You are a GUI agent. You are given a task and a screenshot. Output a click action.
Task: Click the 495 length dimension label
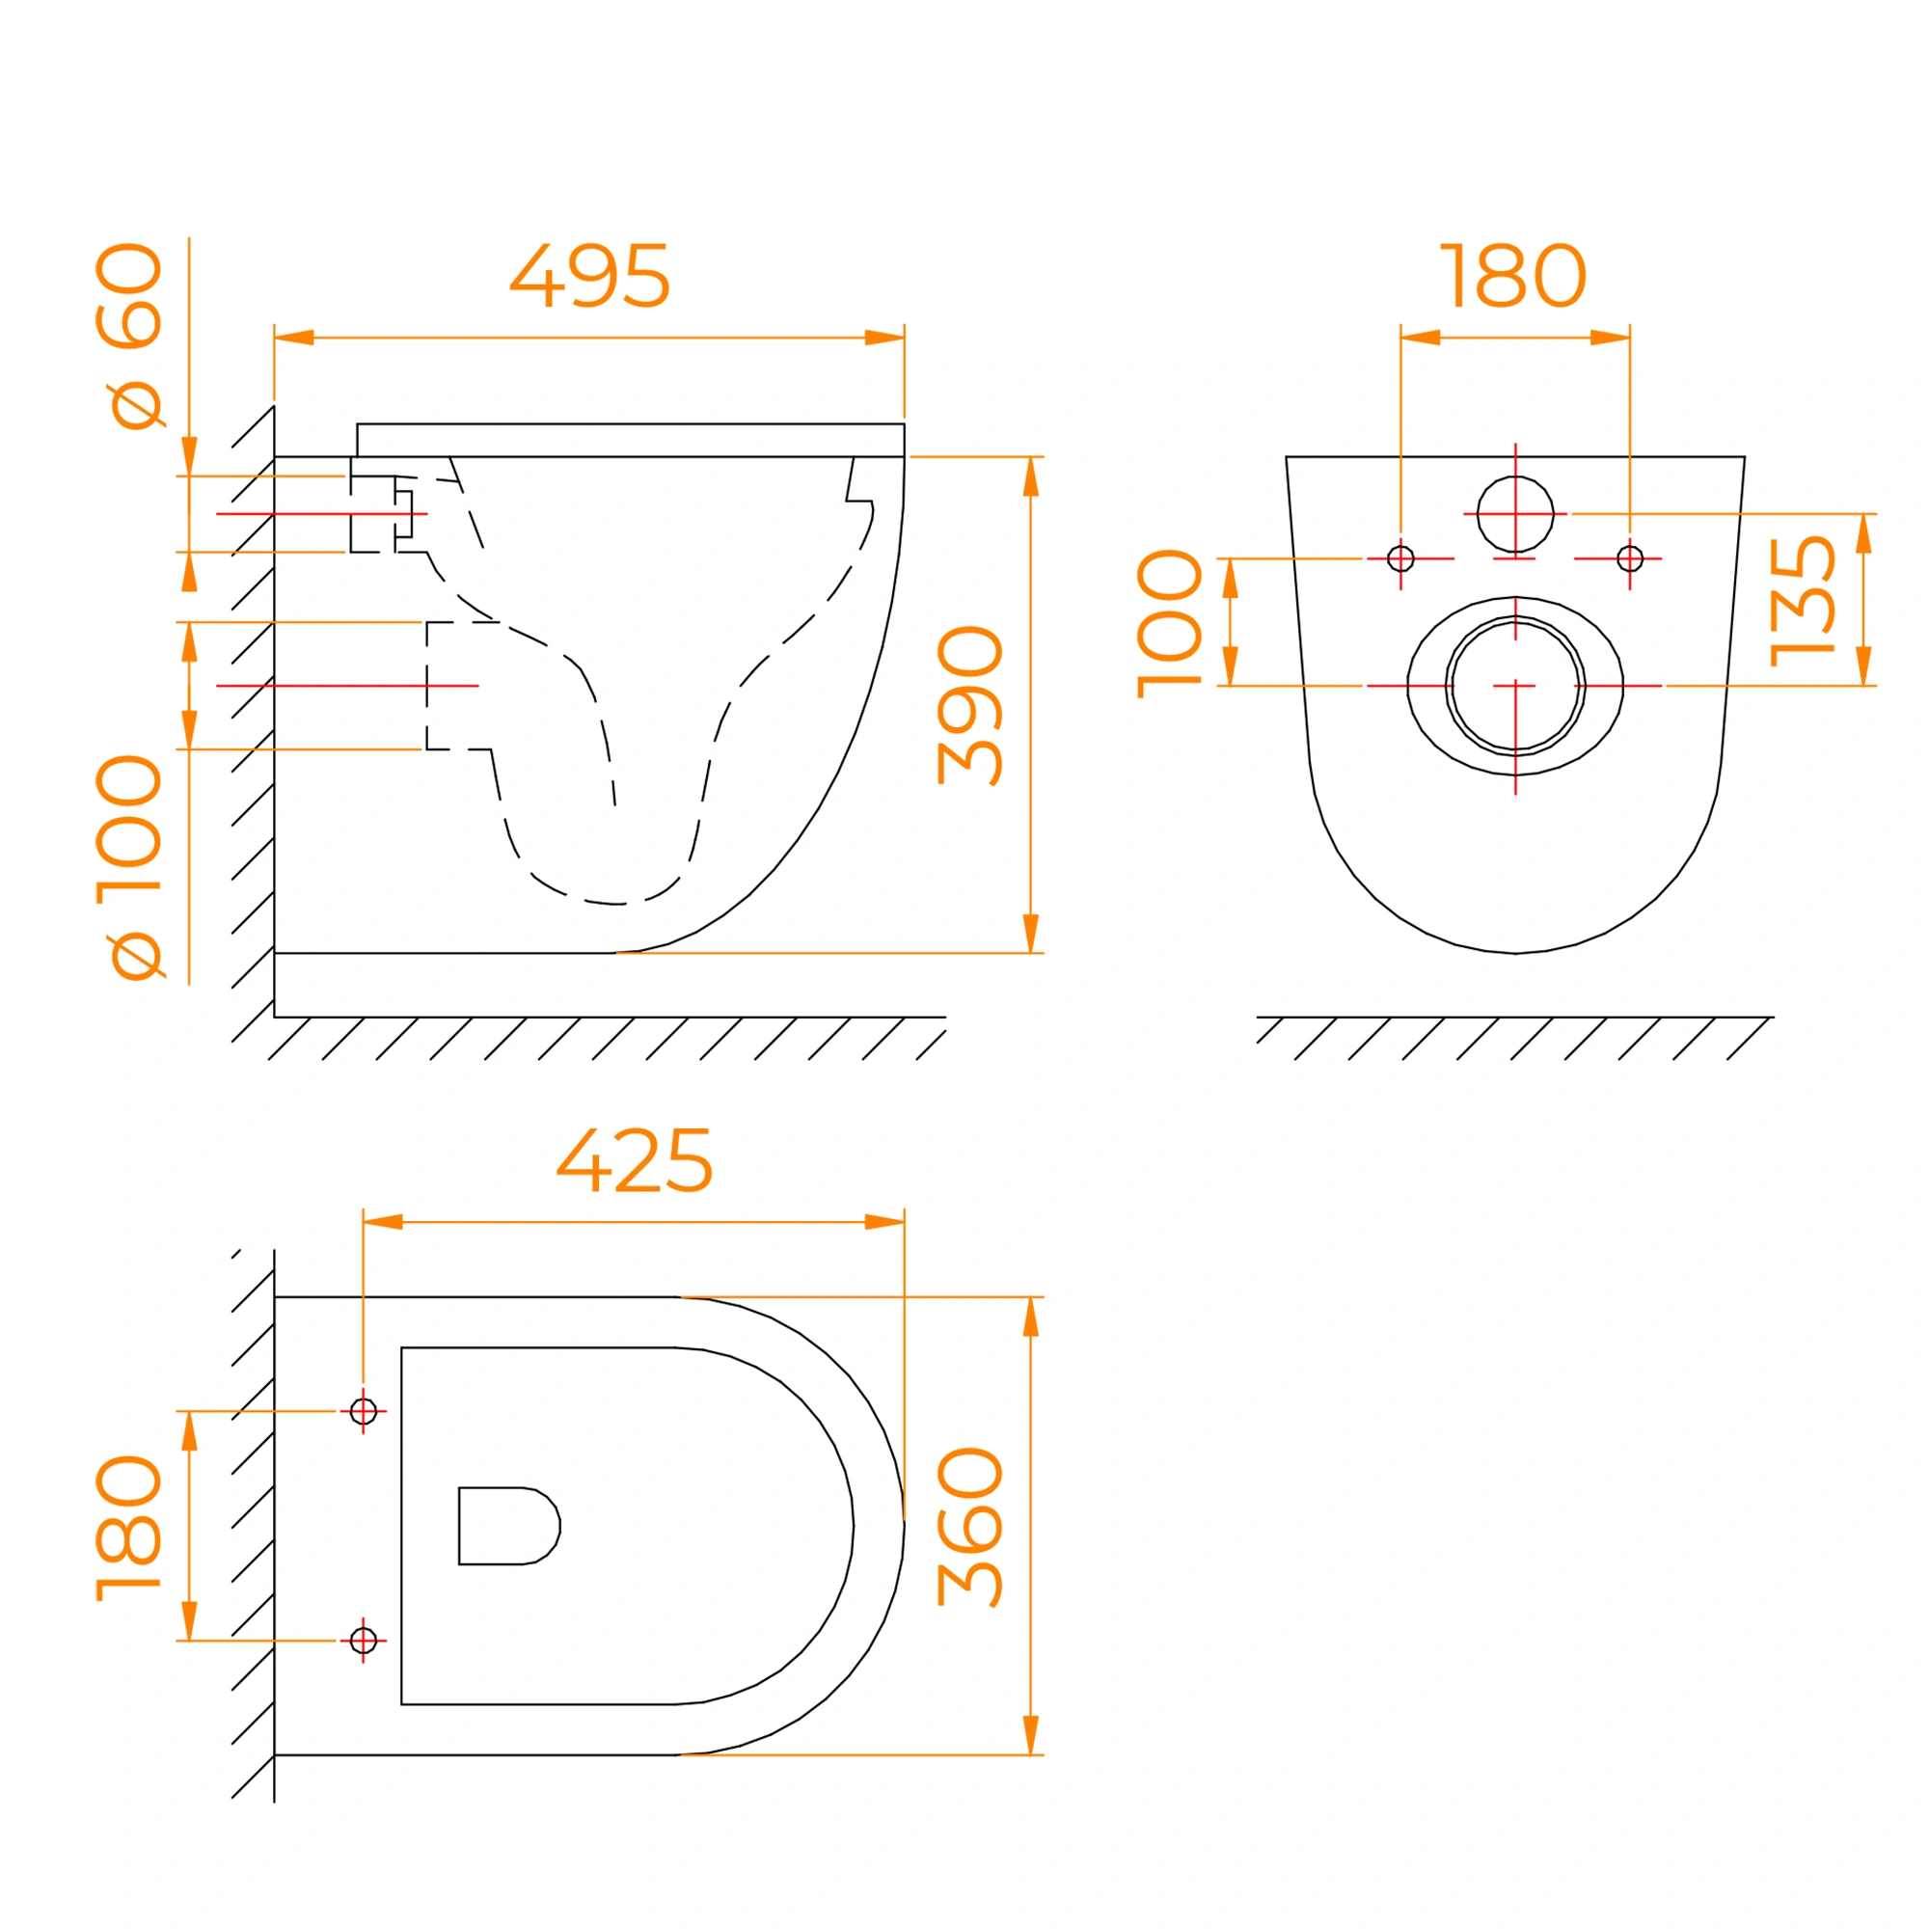pos(589,276)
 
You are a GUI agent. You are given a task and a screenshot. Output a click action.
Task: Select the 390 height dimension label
pos(969,705)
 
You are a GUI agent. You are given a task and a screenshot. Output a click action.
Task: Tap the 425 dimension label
pos(634,1160)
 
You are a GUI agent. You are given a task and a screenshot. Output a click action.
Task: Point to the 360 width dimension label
pos(969,1527)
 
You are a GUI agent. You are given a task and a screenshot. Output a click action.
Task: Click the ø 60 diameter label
pos(129,337)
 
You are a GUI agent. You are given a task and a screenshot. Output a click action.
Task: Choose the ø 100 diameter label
pos(129,868)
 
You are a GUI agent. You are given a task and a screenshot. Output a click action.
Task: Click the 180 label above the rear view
pos(1512,276)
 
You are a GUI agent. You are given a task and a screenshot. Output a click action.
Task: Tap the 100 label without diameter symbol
pos(1169,623)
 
